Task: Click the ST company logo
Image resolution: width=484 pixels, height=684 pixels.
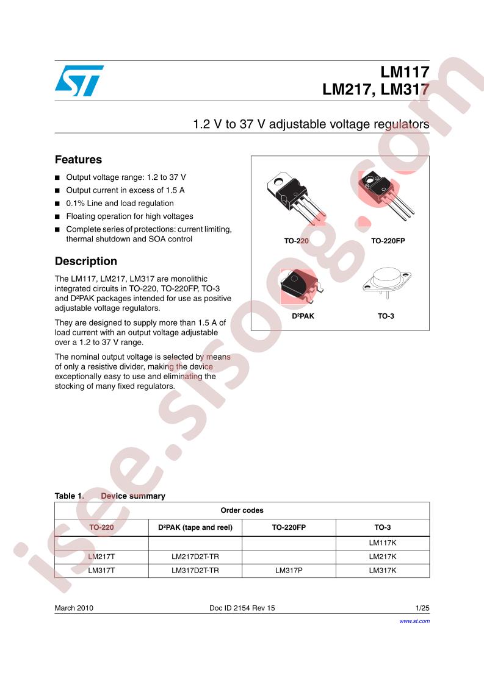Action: point(79,80)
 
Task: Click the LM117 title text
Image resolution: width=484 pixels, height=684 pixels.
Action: point(405,72)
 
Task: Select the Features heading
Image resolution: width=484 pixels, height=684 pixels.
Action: point(78,160)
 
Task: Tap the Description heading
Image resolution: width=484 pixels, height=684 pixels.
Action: point(86,262)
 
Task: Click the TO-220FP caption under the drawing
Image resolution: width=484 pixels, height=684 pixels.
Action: point(388,241)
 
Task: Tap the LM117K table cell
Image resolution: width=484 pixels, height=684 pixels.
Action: point(383,543)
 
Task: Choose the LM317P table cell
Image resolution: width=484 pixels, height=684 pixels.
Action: point(289,571)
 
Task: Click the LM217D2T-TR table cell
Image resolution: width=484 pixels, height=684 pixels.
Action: point(195,557)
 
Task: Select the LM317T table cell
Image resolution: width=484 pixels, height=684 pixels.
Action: point(101,571)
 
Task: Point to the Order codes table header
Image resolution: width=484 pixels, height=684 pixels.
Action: point(242,510)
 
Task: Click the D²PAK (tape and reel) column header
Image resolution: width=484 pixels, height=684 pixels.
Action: point(195,527)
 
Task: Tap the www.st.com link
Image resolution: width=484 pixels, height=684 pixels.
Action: point(414,621)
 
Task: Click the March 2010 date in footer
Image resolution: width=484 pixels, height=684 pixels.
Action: point(74,608)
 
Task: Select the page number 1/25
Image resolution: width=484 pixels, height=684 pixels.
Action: point(422,608)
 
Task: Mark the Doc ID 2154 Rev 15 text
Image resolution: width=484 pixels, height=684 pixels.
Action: point(242,608)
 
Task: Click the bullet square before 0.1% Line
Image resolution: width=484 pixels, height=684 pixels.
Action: point(57,204)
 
